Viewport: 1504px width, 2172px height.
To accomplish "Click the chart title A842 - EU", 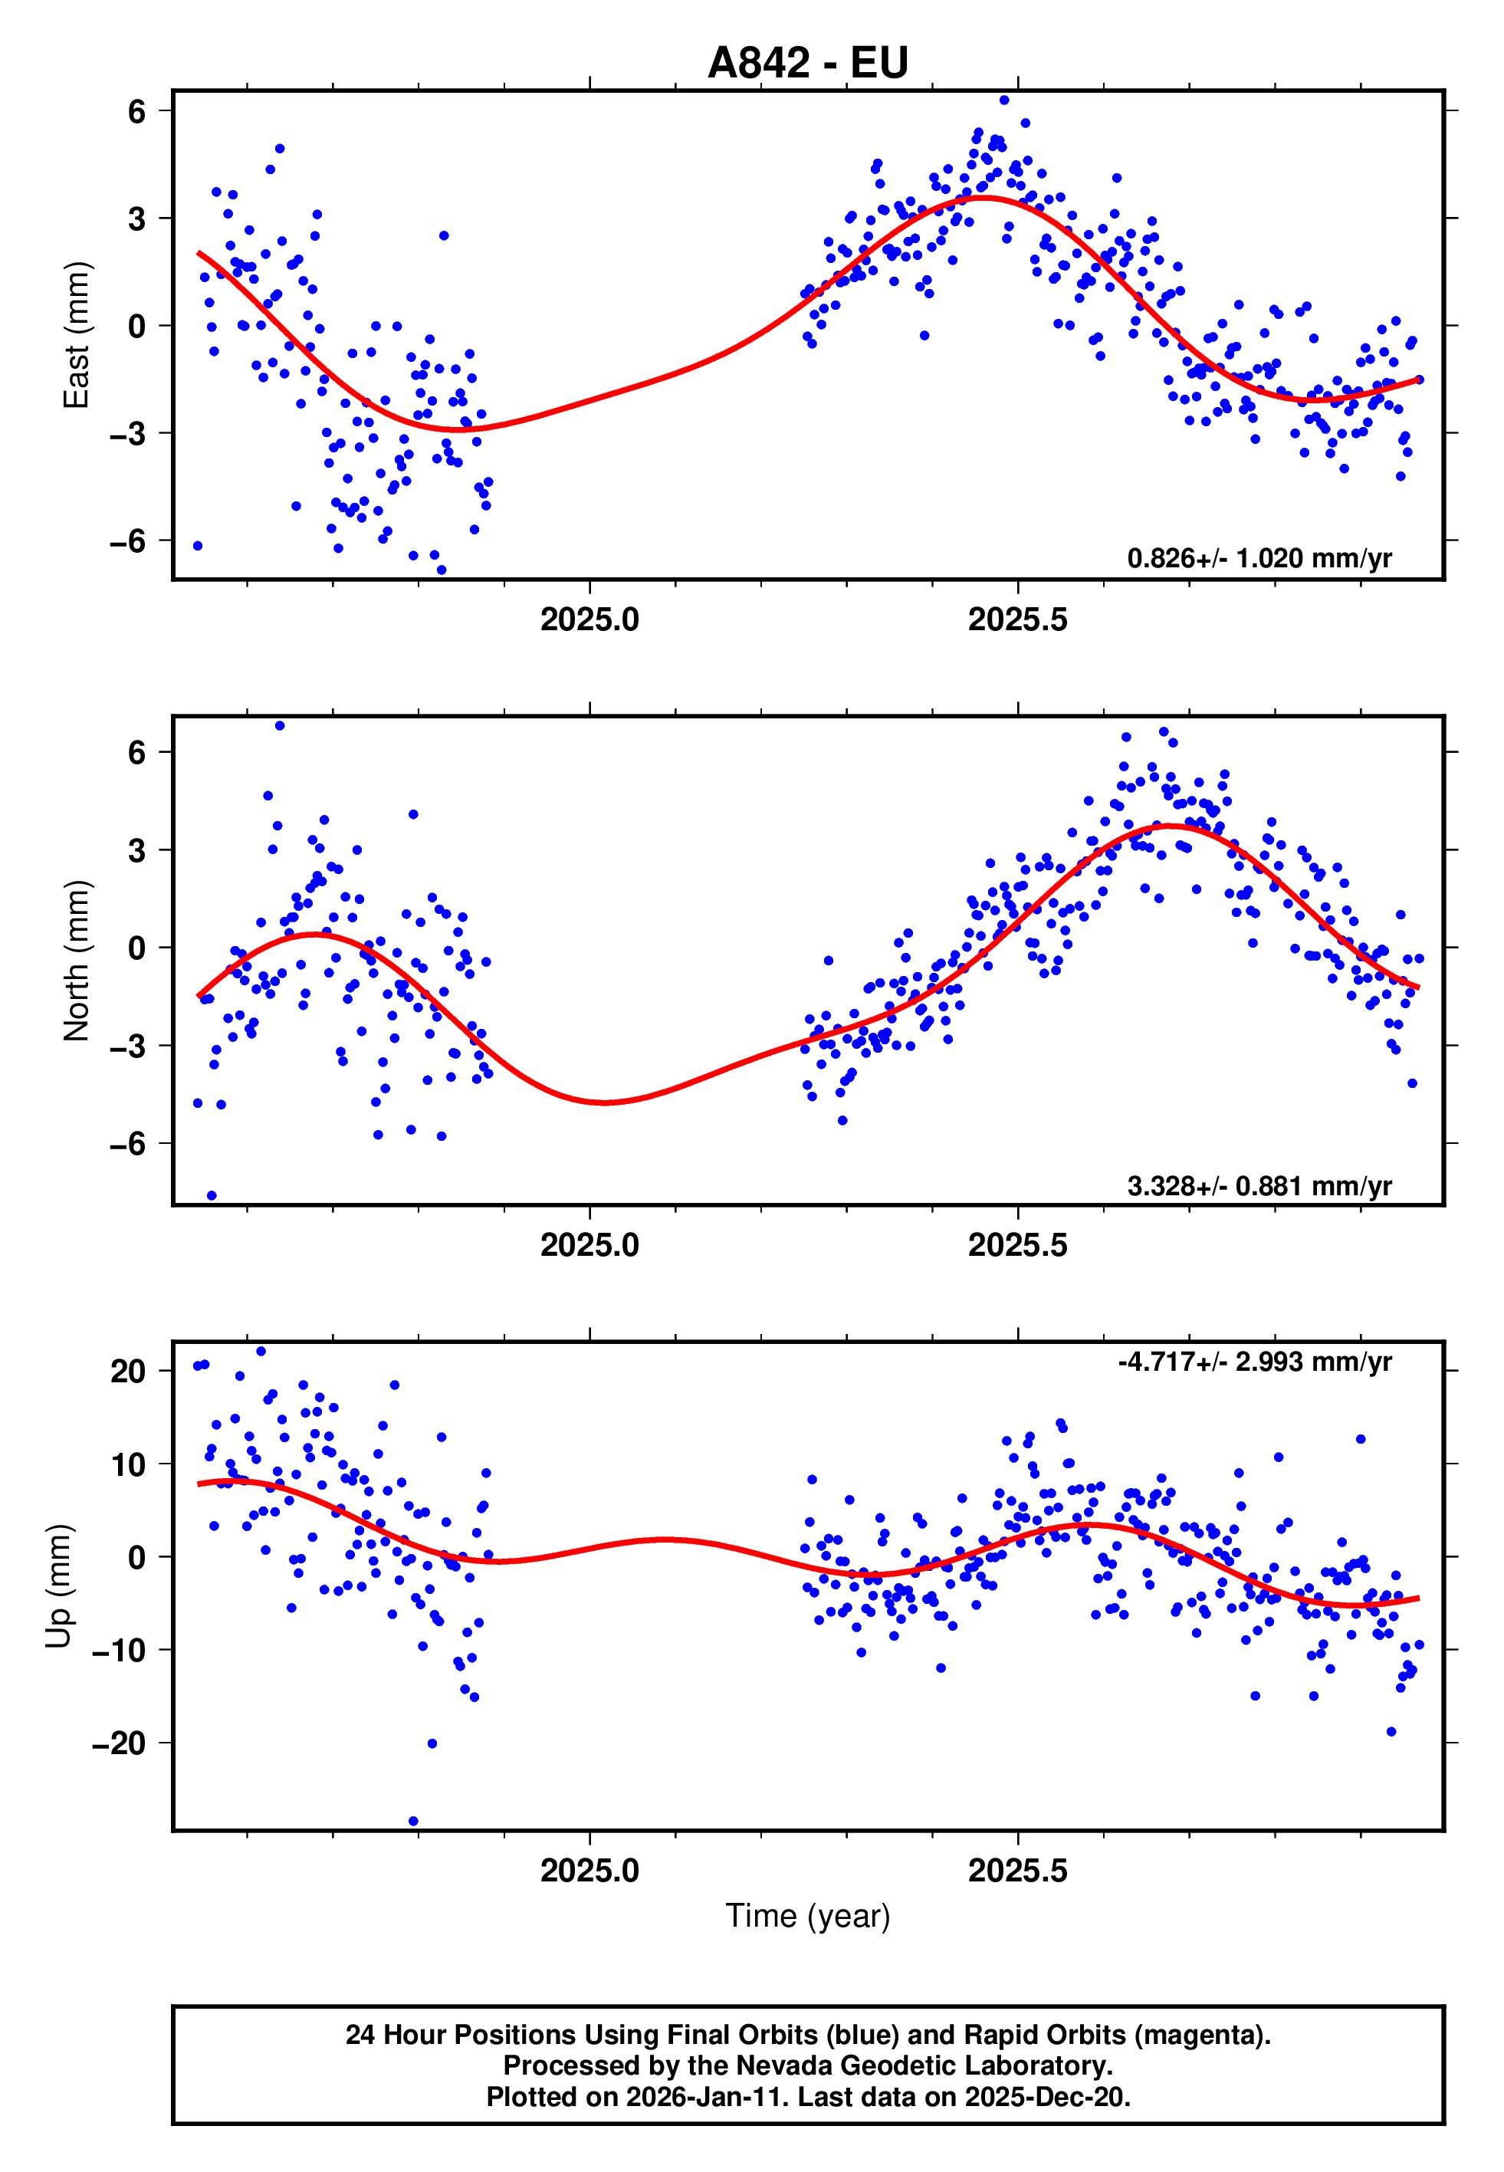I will tap(808, 63).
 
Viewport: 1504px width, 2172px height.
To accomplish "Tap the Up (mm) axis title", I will tap(58, 1586).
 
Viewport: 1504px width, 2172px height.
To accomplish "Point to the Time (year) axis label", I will tap(808, 1916).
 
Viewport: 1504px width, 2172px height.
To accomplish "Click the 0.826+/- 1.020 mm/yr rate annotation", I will tap(1259, 559).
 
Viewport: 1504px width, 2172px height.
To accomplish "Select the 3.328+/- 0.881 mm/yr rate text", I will tap(1259, 1185).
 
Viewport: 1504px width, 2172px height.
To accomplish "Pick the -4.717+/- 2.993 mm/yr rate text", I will tap(1254, 1362).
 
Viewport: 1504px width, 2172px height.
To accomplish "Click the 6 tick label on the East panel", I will tap(137, 111).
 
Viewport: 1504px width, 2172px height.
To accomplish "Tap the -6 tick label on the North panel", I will tap(128, 1144).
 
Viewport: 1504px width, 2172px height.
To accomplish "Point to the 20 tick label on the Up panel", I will tap(128, 1371).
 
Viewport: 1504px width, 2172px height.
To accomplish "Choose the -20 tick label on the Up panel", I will tap(119, 1743).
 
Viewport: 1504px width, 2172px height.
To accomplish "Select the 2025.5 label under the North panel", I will tap(1018, 1245).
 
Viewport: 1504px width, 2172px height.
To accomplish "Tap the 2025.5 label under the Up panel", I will tap(1018, 1871).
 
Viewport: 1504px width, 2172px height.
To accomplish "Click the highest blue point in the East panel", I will tap(1004, 100).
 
